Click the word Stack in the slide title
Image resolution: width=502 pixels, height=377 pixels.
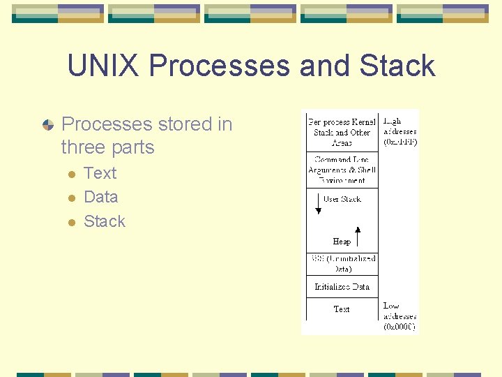397,66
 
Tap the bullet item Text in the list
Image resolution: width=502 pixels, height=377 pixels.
100,173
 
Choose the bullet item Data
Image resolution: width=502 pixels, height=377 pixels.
100,197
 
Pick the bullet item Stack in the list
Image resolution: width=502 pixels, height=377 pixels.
105,221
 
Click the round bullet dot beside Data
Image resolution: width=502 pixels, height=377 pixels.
70,198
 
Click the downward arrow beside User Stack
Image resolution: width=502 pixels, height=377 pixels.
319,205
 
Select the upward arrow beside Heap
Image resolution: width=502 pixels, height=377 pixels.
358,236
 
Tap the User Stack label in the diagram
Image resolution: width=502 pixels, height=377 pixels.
342,199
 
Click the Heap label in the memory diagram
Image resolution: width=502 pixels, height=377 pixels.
342,242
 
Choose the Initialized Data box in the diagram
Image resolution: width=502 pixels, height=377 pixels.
342,286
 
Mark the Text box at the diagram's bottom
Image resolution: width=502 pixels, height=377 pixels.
342,309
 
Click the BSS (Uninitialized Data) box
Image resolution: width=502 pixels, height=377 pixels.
342,263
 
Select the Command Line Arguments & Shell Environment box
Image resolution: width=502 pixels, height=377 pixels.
342,170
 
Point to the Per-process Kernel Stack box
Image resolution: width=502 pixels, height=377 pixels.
342,131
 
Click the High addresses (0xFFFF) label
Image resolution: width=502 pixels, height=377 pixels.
400,131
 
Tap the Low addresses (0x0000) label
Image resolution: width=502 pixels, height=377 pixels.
400,316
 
